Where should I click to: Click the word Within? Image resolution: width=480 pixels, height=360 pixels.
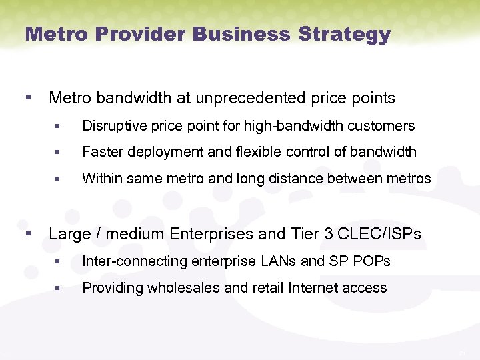pyautogui.click(x=101, y=179)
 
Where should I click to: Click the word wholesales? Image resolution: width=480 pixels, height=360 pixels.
pyautogui.click(x=175, y=288)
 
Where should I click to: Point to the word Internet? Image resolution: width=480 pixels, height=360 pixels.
pyautogui.click(x=313, y=288)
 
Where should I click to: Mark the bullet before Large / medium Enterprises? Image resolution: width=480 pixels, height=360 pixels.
pyautogui.click(x=28, y=234)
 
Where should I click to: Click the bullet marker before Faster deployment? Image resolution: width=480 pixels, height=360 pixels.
pyautogui.click(x=59, y=153)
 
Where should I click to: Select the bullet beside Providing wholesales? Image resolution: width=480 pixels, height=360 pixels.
pyautogui.click(x=59, y=289)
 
